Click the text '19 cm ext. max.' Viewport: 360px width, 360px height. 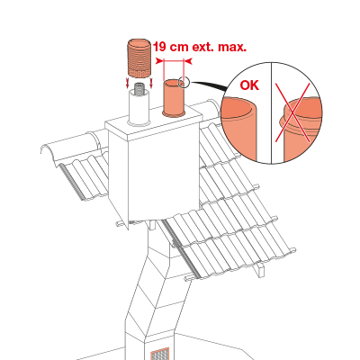point(200,47)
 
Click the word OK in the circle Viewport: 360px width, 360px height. point(249,85)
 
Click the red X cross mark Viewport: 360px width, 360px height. point(292,113)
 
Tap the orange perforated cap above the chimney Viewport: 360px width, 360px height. point(139,58)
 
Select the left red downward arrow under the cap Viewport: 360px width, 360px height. point(128,83)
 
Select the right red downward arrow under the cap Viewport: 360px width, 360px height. point(151,83)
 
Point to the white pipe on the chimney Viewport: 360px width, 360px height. point(139,108)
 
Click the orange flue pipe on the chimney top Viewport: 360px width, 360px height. point(174,98)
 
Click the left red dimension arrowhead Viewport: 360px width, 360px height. point(159,61)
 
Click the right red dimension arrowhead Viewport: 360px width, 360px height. point(188,61)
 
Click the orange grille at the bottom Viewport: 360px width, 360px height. point(160,354)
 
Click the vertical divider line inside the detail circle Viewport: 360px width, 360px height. point(272,113)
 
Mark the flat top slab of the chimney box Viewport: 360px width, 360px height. point(154,123)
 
